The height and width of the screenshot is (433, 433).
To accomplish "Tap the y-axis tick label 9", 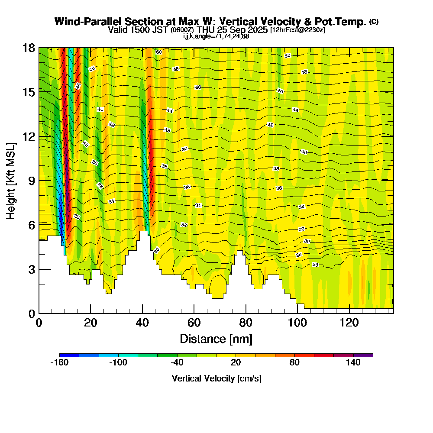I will click(31, 181).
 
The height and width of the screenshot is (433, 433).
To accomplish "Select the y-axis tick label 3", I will click(31, 269).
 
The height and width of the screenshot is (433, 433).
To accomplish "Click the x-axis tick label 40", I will click(142, 323).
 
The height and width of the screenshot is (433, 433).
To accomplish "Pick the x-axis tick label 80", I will click(246, 323).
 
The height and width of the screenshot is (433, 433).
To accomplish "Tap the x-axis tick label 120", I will click(349, 323).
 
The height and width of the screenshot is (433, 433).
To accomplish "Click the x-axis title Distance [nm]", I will click(216, 338).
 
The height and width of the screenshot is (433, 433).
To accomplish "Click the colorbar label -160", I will click(59, 363).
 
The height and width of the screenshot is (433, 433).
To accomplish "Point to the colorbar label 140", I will click(353, 363).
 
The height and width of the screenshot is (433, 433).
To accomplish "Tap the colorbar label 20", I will click(236, 363).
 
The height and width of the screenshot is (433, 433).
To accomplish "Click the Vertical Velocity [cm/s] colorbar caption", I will click(216, 378).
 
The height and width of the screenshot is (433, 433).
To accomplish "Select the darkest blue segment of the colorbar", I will click(69, 355).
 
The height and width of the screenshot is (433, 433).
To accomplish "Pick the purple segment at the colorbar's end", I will click(363, 355).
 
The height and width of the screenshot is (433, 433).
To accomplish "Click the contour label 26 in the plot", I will click(315, 265).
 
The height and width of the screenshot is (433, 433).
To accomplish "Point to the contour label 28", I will click(299, 255).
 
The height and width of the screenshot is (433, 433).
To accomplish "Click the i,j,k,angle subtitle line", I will click(216, 36).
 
